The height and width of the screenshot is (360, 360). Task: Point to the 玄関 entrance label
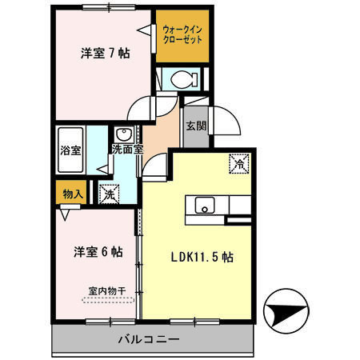[x=195, y=125]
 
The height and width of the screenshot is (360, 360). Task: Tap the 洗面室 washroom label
[x=127, y=147]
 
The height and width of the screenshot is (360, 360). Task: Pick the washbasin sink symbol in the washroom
[x=125, y=134]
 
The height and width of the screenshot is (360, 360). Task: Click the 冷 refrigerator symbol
[x=238, y=162]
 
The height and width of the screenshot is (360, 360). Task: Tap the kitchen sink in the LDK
[x=203, y=206]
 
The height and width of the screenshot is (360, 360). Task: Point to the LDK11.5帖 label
[x=200, y=258]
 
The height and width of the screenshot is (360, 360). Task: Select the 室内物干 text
[x=106, y=290]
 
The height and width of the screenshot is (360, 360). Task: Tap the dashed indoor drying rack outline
[x=106, y=300]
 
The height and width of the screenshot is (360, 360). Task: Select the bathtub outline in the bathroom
[x=70, y=149]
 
